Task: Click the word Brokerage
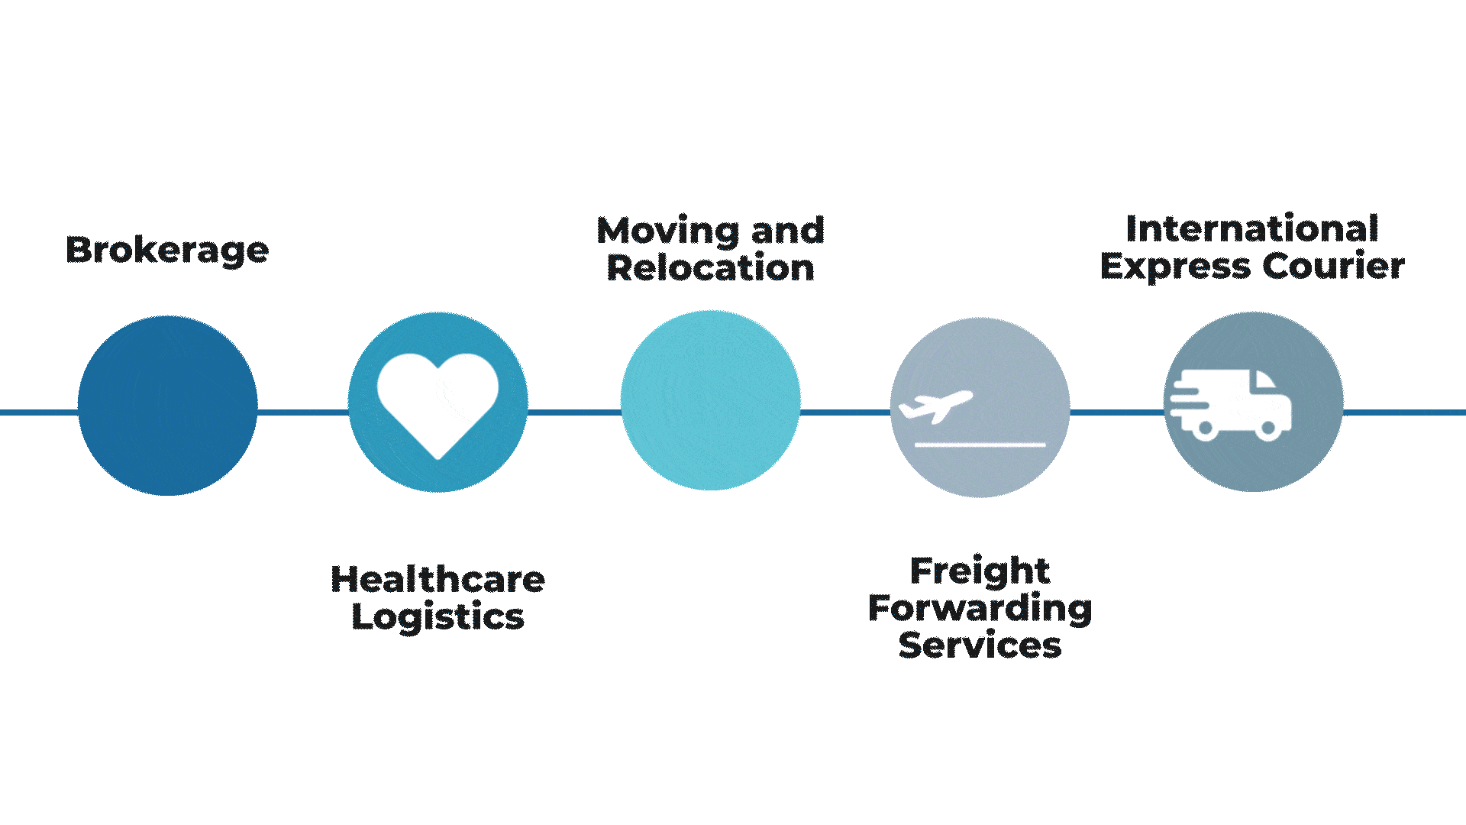[x=167, y=250]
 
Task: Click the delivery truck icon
[x=1231, y=405]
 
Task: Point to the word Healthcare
[x=438, y=579]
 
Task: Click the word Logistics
[x=438, y=617]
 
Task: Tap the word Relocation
[x=710, y=268]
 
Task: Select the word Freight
[x=980, y=571]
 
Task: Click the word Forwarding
[x=980, y=608]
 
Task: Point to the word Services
[x=980, y=645]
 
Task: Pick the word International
[x=1252, y=228]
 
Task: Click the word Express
[x=1176, y=267]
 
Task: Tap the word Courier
[x=1333, y=266]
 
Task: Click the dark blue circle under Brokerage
[x=167, y=406]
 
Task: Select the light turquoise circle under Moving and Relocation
[x=710, y=400]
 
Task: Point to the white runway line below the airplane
[x=980, y=444]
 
